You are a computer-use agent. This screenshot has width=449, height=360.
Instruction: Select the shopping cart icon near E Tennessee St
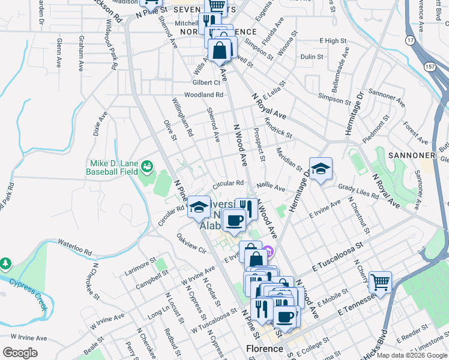(x=380, y=281)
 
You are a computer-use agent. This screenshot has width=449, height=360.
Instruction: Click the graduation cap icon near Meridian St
(x=321, y=168)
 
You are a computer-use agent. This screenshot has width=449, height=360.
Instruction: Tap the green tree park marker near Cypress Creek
(x=5, y=263)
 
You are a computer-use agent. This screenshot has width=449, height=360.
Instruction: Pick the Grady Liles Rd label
(x=358, y=191)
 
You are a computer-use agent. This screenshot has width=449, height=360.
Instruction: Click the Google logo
(x=20, y=352)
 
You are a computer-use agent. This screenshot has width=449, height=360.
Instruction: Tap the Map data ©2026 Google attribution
(x=412, y=355)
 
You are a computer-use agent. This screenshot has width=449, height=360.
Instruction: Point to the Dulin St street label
(x=312, y=56)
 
